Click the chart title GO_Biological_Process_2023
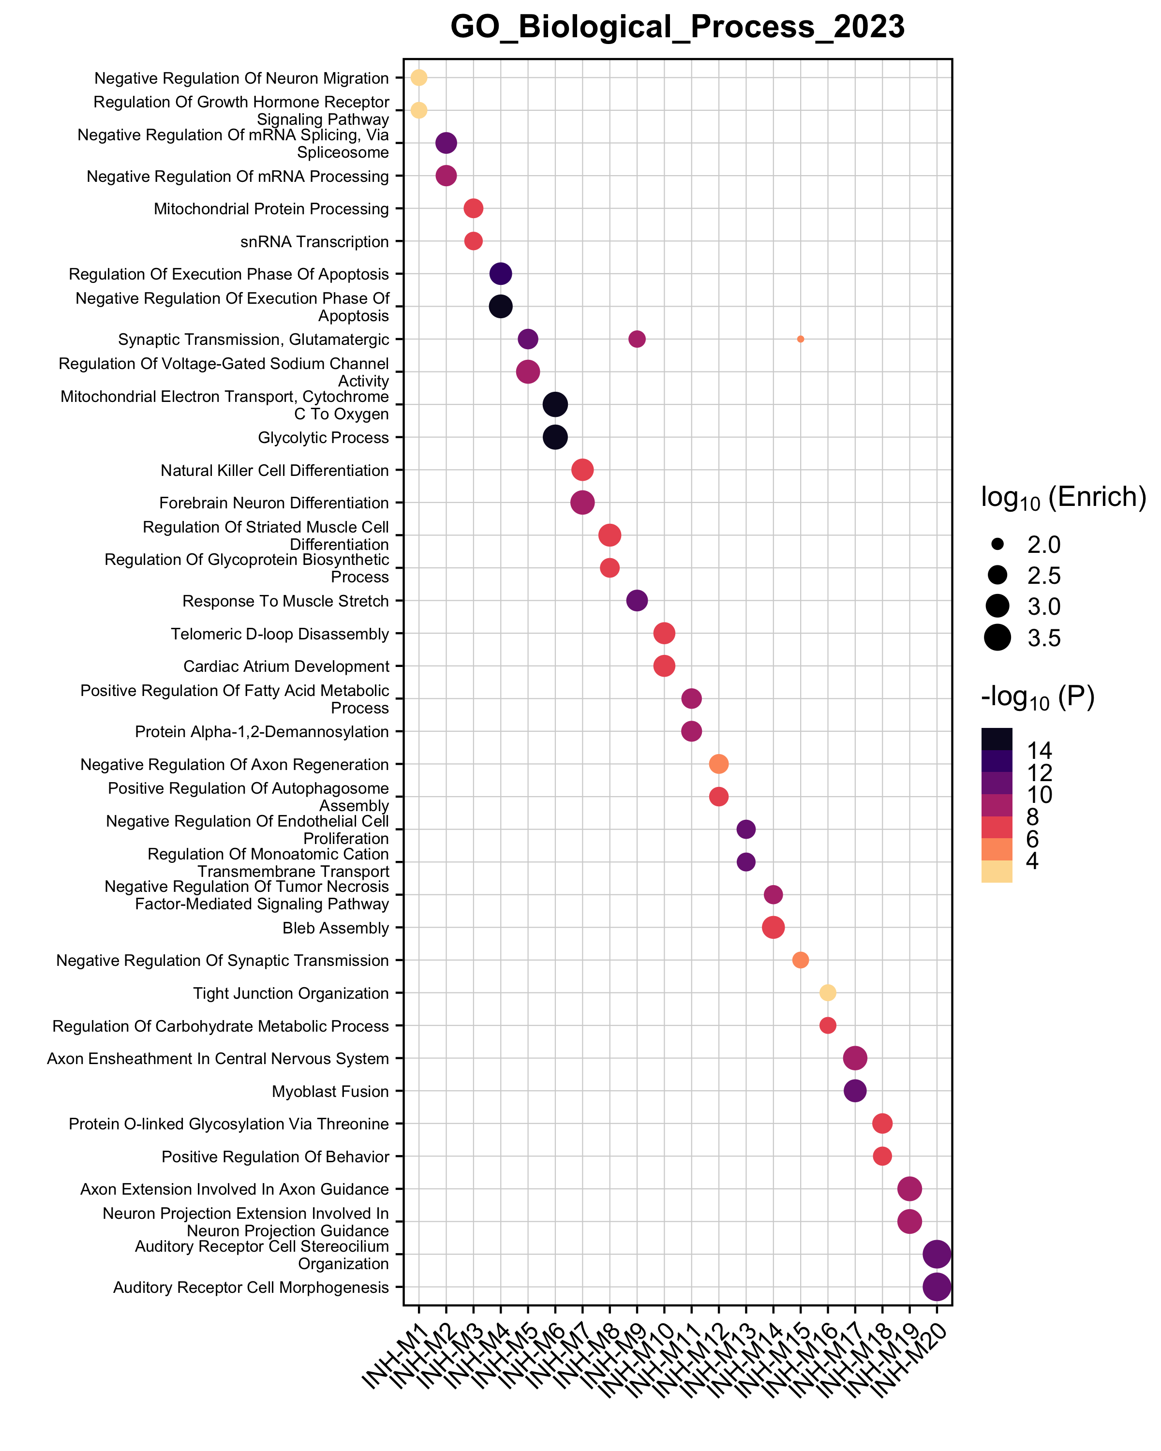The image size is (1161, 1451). [677, 28]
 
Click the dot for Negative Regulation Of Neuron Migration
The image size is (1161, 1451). [418, 77]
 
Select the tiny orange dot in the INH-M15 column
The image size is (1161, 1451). [800, 339]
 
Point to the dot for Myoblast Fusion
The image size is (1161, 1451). [855, 1091]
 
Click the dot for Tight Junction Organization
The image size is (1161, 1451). [828, 992]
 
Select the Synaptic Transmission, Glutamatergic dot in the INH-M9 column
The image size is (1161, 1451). [637, 339]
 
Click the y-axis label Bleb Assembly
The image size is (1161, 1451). [335, 928]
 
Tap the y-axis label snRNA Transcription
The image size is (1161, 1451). [314, 242]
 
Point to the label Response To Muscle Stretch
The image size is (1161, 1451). [285, 601]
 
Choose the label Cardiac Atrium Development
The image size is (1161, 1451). [286, 666]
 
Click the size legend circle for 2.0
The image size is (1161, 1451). [997, 544]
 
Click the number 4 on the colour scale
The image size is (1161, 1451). [1032, 861]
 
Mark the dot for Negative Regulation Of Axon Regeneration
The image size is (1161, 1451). [718, 764]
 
